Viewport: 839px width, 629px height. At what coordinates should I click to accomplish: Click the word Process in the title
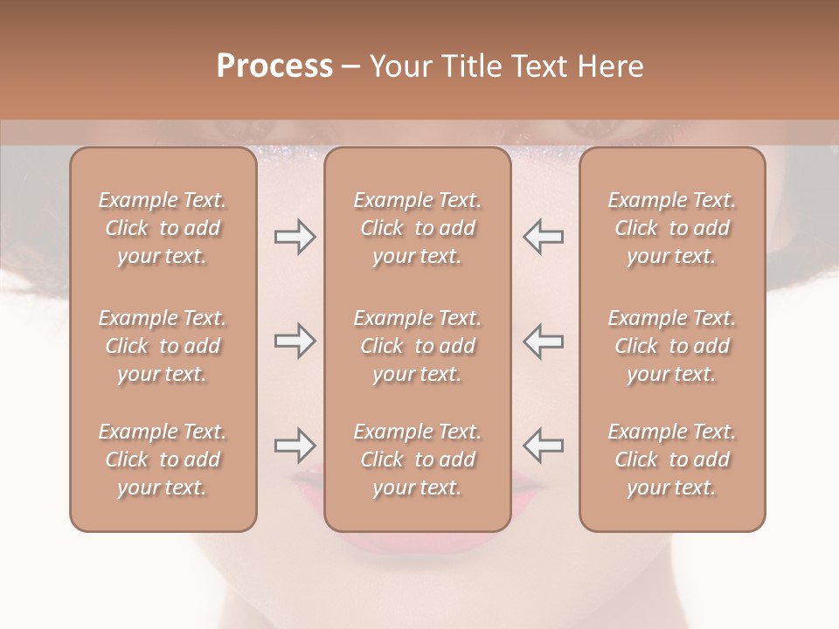click(274, 66)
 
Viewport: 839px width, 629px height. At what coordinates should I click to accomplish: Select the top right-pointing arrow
click(295, 237)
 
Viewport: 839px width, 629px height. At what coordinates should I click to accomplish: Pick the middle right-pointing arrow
click(295, 341)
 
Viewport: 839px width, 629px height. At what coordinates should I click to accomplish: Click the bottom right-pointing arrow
click(295, 446)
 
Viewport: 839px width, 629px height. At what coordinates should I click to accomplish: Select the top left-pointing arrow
click(543, 237)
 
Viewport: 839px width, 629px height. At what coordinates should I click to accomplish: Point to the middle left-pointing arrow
click(543, 341)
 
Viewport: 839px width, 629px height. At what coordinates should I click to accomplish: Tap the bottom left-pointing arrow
click(543, 446)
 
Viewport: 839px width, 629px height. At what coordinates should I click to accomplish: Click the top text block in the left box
click(163, 228)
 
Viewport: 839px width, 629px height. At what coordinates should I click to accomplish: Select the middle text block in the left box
click(163, 346)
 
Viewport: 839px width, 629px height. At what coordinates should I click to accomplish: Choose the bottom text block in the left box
click(163, 460)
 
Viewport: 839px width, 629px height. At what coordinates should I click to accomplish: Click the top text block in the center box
click(418, 228)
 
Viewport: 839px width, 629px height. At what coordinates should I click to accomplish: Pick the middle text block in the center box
click(418, 346)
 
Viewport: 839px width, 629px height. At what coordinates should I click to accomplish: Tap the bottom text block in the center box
click(418, 460)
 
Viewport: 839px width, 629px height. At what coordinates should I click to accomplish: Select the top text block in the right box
click(672, 228)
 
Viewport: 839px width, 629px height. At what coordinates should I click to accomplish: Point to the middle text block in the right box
click(672, 346)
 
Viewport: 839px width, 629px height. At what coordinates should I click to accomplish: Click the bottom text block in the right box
click(672, 460)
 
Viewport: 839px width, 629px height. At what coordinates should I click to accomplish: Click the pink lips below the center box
click(418, 543)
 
